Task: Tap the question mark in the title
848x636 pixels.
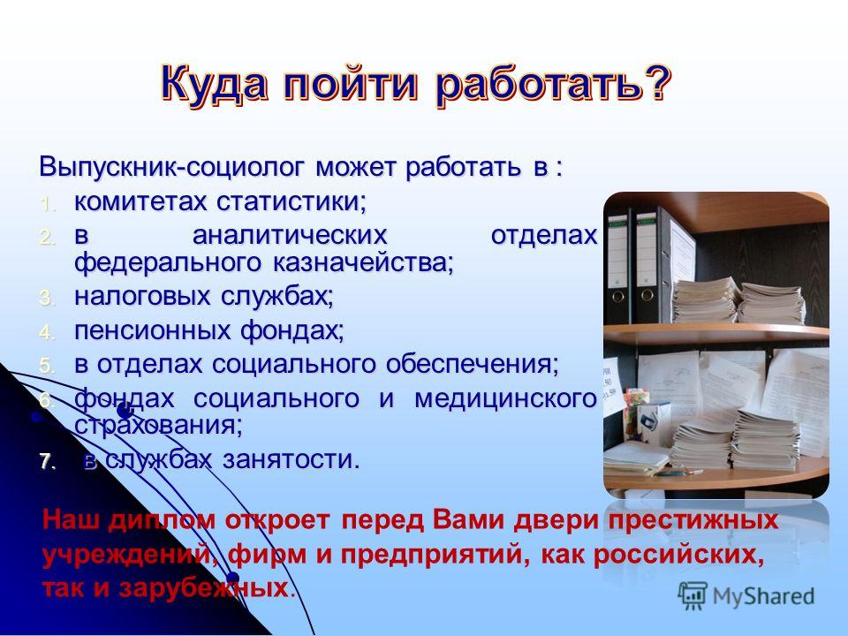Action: [x=656, y=83]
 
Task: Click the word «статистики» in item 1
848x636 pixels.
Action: [x=292, y=201]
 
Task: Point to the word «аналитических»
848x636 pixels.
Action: [x=290, y=235]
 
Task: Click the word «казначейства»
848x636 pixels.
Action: [x=363, y=263]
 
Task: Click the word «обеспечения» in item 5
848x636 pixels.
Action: [x=472, y=364]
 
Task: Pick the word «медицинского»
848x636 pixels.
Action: [x=505, y=399]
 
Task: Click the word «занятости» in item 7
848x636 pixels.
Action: [x=291, y=459]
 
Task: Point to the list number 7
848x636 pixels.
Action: [x=47, y=461]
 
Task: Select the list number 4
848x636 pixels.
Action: [x=47, y=332]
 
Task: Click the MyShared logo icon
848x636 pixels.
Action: [x=693, y=596]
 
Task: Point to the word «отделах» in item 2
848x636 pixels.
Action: [x=544, y=235]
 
